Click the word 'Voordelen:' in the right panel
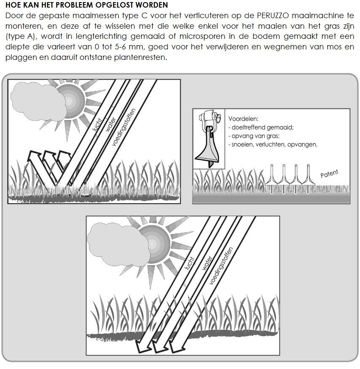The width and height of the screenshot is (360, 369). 244,119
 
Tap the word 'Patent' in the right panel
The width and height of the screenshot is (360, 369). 330,173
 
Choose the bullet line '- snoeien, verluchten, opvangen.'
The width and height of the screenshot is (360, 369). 273,144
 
